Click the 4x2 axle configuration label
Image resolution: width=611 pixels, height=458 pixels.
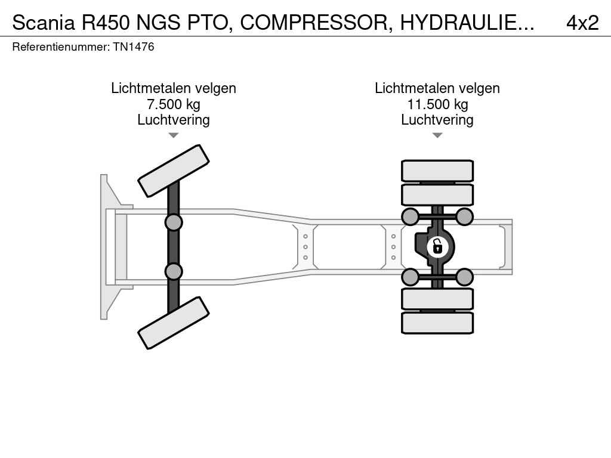pyautogui.click(x=582, y=23)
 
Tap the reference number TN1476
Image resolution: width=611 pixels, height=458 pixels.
pyautogui.click(x=134, y=47)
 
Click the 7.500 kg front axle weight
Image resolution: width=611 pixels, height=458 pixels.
pyautogui.click(x=174, y=104)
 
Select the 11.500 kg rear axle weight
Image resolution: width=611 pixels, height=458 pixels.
pyautogui.click(x=437, y=104)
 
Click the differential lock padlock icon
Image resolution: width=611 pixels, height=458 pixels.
pyautogui.click(x=437, y=246)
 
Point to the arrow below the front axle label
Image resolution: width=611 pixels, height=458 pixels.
pyautogui.click(x=174, y=135)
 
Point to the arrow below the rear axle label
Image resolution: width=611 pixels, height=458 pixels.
pyautogui.click(x=437, y=135)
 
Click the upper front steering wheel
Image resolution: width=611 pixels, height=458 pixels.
pyautogui.click(x=174, y=171)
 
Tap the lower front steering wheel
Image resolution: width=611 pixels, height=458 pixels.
pyautogui.click(x=174, y=323)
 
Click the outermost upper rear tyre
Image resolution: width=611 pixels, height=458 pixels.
pyautogui.click(x=437, y=171)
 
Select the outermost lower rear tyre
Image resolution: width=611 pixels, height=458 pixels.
pyautogui.click(x=437, y=323)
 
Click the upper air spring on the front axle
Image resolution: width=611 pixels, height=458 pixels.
pyautogui.click(x=174, y=223)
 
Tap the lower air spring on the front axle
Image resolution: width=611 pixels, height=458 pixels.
pyautogui.click(x=174, y=271)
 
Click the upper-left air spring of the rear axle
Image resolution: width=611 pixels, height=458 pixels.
pyautogui.click(x=410, y=216)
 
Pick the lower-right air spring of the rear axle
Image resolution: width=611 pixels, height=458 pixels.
pyautogui.click(x=464, y=277)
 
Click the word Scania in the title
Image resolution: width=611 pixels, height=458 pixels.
pyautogui.click(x=43, y=23)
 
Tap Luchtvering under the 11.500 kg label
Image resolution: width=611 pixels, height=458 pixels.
pyautogui.click(x=437, y=120)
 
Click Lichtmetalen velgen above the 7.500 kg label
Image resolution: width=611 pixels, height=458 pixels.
pyautogui.click(x=174, y=88)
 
